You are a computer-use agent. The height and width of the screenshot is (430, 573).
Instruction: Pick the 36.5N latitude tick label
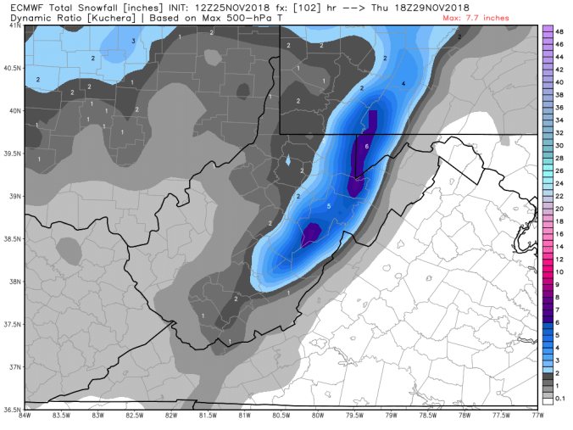(11, 408)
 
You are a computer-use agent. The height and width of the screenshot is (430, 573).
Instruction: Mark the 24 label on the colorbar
(560, 183)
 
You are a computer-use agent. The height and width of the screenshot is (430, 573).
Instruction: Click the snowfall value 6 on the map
(366, 147)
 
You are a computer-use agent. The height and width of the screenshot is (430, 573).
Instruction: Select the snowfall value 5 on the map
(328, 206)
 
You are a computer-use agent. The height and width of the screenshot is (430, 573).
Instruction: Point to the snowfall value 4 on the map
(403, 84)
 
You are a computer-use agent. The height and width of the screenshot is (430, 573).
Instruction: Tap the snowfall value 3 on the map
(133, 41)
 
